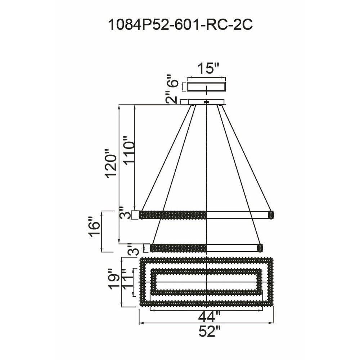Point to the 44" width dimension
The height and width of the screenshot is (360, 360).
[x=209, y=317]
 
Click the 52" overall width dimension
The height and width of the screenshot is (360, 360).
[x=209, y=331]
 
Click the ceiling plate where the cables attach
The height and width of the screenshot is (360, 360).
[x=206, y=102]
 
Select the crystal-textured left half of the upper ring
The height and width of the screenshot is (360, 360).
[x=173, y=215]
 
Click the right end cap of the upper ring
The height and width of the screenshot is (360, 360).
[x=271, y=215]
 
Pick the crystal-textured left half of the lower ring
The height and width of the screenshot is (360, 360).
[x=178, y=248]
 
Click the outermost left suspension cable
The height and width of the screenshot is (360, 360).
[x=166, y=158]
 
